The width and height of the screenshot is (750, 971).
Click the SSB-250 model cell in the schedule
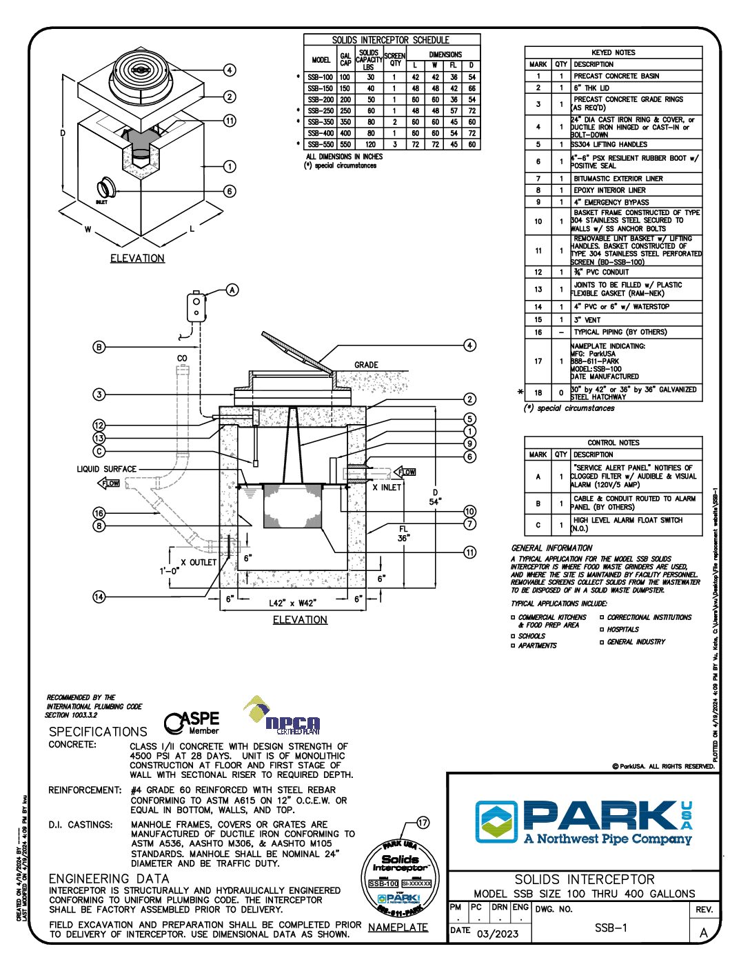[x=321, y=110]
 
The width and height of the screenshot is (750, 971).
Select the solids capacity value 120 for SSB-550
[x=370, y=144]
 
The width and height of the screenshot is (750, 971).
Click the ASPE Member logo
[x=192, y=723]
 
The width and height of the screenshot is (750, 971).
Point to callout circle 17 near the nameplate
[x=423, y=822]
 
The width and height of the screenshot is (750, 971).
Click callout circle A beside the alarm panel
[x=233, y=290]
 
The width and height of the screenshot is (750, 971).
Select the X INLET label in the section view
[x=387, y=487]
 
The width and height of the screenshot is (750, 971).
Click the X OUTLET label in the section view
[x=199, y=563]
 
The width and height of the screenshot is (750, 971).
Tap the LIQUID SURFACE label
[x=106, y=469]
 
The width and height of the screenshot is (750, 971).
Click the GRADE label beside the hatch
[x=366, y=365]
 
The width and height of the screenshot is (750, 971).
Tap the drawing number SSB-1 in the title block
[x=611, y=928]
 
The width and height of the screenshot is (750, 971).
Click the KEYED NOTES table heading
[x=613, y=52]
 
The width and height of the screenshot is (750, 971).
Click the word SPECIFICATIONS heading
[x=98, y=732]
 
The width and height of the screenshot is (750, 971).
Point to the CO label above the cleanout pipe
[x=182, y=359]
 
